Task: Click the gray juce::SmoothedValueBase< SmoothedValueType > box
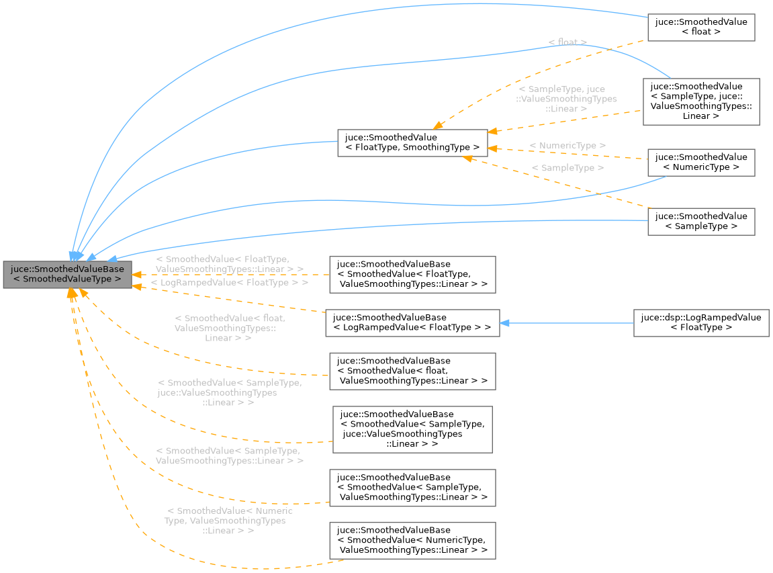(x=67, y=273)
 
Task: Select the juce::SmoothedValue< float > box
(x=701, y=27)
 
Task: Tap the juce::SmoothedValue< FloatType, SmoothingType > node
(x=412, y=142)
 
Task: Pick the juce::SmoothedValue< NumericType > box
(x=701, y=163)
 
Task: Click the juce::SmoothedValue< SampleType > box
(x=701, y=222)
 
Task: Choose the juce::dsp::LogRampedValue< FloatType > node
(x=701, y=323)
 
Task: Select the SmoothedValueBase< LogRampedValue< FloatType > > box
(x=412, y=323)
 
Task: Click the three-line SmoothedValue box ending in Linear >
(x=701, y=101)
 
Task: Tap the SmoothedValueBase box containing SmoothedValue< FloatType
(x=412, y=274)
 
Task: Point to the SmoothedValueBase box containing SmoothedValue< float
(x=412, y=371)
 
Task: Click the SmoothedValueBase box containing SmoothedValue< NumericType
(x=412, y=540)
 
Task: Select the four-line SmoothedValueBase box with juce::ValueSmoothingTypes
(x=412, y=429)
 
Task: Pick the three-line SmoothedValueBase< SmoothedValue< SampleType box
(x=412, y=487)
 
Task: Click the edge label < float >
(x=567, y=42)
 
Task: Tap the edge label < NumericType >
(x=567, y=146)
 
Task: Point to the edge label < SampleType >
(x=567, y=168)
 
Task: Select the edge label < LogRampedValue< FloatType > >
(x=230, y=283)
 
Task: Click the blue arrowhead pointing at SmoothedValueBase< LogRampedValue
(x=505, y=323)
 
